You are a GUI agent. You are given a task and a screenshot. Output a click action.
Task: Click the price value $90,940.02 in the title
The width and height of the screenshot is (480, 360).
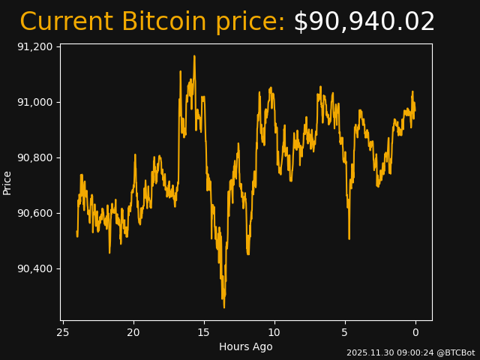coord(364,22)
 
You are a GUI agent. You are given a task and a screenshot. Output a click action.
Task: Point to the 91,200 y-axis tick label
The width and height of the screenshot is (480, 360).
coord(35,46)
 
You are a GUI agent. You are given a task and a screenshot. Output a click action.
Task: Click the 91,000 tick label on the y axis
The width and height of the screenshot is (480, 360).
coord(35,102)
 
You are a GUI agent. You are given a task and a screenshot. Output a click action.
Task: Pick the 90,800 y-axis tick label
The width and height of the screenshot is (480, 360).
coord(35,157)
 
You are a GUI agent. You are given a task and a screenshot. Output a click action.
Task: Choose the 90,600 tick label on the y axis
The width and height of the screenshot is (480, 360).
coord(35,213)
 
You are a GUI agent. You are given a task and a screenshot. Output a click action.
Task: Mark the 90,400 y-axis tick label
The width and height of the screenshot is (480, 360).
coord(35,268)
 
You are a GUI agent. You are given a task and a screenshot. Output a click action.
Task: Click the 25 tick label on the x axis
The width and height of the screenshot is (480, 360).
coord(63,332)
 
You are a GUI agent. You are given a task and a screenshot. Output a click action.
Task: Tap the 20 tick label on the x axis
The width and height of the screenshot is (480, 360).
coord(133,332)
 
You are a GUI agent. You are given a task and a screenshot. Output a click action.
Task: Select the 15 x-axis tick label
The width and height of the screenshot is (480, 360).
coord(204,332)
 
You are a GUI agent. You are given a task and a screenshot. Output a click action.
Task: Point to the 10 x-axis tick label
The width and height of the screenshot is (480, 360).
coord(274,332)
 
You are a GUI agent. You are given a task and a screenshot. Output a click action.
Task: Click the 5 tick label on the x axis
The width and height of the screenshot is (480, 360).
coord(345,332)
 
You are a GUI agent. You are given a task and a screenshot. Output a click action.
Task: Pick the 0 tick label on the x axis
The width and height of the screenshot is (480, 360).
coord(415,332)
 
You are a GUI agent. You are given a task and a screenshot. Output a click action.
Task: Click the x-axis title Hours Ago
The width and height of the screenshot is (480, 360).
coord(246,346)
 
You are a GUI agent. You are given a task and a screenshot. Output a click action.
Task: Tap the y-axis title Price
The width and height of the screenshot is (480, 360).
coord(7,182)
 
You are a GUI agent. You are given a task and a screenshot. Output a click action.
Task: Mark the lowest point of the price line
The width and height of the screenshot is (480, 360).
coord(223,307)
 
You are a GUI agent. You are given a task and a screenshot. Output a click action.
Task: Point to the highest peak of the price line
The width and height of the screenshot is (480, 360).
coord(194,55)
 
